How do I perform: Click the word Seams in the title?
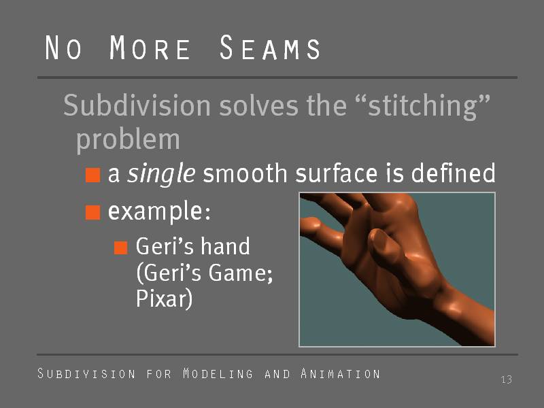pyautogui.click(x=270, y=48)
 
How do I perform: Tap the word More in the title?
pyautogui.click(x=150, y=48)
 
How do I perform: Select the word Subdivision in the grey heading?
pyautogui.click(x=137, y=105)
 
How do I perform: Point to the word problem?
pyautogui.click(x=128, y=140)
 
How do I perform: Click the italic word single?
pyautogui.click(x=161, y=173)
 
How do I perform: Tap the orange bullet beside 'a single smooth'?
pyautogui.click(x=92, y=175)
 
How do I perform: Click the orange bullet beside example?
pyautogui.click(x=92, y=212)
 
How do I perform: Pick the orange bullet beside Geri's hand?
pyautogui.click(x=121, y=248)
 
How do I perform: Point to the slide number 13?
pyautogui.click(x=506, y=379)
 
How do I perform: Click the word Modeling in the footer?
pyautogui.click(x=218, y=373)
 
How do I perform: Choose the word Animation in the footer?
pyautogui.click(x=340, y=373)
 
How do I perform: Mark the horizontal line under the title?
pyautogui.click(x=277, y=78)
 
